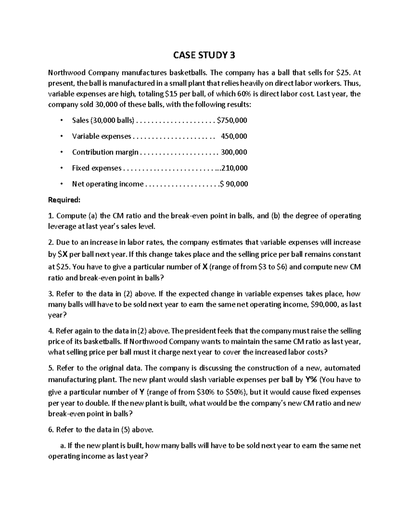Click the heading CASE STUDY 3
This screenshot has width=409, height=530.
coord(204,55)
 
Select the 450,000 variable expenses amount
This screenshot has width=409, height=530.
coord(234,136)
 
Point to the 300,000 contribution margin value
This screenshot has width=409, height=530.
coord(234,152)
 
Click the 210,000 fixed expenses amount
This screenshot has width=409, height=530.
coord(235,168)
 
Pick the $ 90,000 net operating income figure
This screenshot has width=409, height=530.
coord(234,184)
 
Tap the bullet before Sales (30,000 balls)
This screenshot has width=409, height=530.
coord(61,120)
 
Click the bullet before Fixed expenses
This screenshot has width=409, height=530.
coord(61,168)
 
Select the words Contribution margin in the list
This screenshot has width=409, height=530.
coord(105,152)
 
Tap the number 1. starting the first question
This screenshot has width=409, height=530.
coord(51,216)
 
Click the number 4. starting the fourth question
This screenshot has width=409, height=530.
coord(51,331)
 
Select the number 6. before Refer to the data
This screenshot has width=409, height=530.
coord(51,430)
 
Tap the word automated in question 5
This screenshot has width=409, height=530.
coord(342,368)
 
